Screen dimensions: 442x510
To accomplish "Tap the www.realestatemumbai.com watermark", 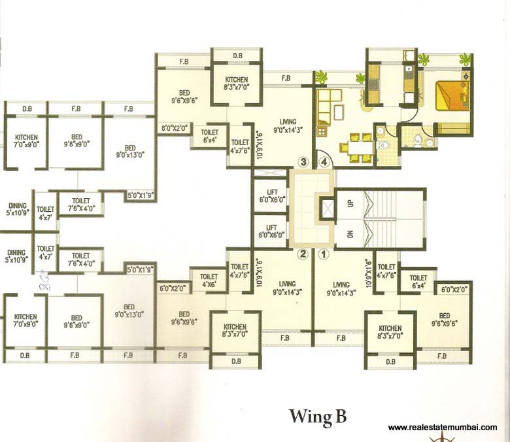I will [x=442, y=428].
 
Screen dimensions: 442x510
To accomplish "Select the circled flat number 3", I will [x=302, y=161].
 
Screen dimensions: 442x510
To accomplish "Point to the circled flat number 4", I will [x=322, y=161].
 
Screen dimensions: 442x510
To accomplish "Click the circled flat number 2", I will [x=302, y=254].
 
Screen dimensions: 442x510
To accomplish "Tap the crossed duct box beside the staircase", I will [x=325, y=210].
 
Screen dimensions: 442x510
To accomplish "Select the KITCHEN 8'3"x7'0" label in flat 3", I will [x=235, y=83].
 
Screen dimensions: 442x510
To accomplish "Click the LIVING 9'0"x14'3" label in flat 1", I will [x=340, y=288].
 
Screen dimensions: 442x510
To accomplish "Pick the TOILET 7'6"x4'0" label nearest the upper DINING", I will [x=80, y=205].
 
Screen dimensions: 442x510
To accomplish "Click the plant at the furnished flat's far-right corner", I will [x=465, y=60].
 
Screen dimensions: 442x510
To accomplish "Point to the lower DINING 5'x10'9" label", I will [x=16, y=256].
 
